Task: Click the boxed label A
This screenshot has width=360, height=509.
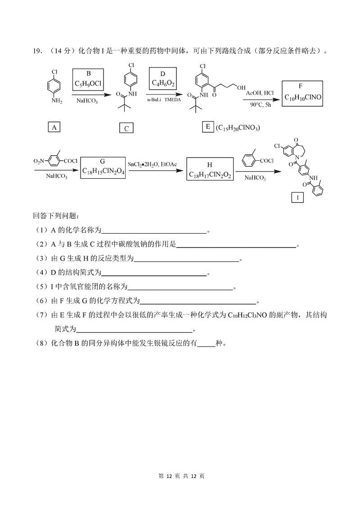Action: [x=54, y=127]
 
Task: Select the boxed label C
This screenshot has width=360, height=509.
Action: [x=126, y=129]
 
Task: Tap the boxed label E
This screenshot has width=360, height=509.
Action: [x=208, y=127]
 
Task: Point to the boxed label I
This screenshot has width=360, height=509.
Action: [x=297, y=197]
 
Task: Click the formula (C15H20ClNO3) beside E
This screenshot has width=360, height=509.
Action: [x=238, y=128]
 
